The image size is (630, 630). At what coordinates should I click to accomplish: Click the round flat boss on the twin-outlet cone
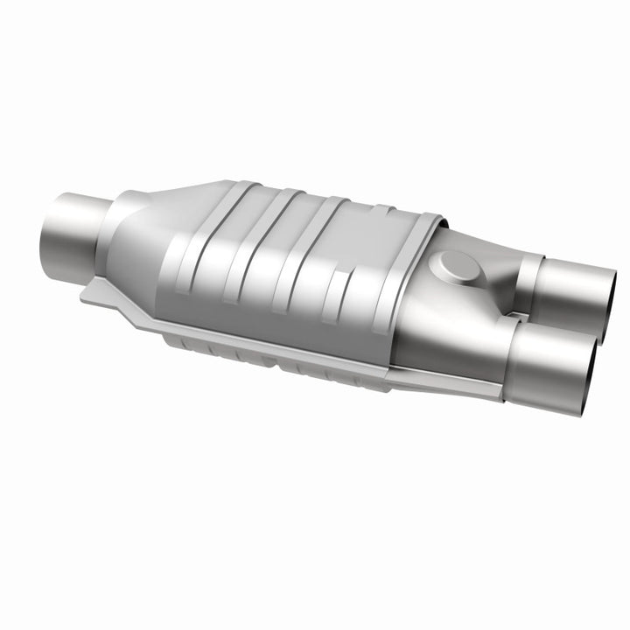(456, 262)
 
